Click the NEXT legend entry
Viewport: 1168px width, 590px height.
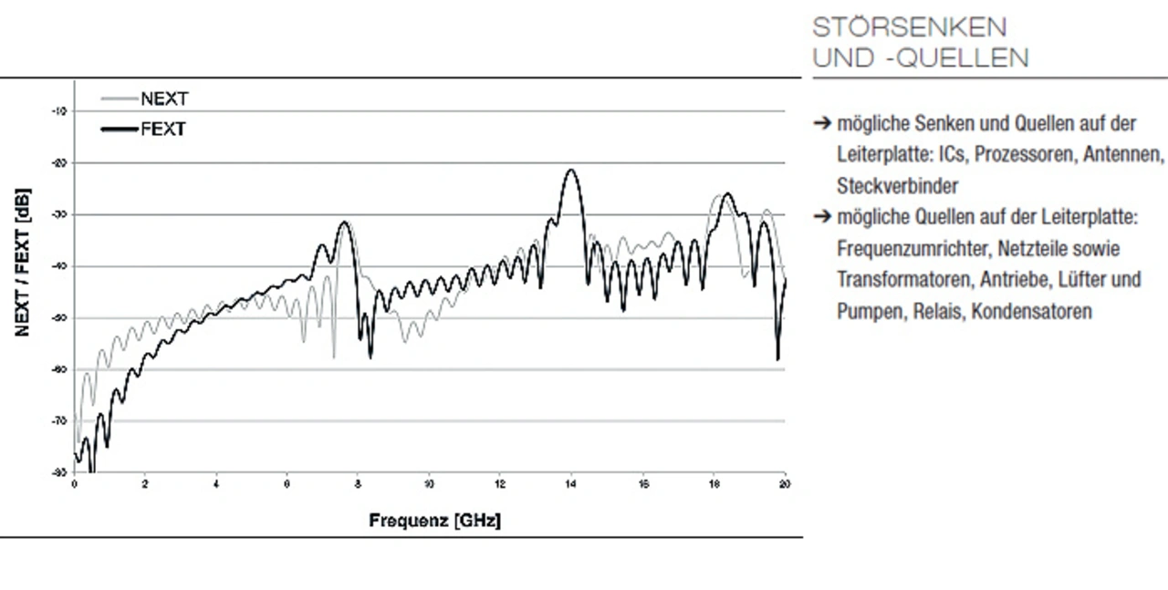click(164, 99)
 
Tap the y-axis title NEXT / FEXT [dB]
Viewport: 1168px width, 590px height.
click(22, 264)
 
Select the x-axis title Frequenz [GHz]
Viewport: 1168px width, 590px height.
click(434, 521)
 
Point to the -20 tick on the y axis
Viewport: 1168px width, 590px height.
click(61, 163)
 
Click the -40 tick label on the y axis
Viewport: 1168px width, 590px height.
click(61, 266)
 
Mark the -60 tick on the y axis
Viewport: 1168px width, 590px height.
click(61, 369)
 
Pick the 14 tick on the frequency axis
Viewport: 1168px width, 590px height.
click(571, 483)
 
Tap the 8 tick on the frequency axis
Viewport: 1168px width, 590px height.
click(359, 483)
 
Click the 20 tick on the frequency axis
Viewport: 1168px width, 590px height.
click(785, 483)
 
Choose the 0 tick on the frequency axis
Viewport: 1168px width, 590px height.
click(75, 483)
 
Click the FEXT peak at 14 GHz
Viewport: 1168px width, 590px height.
click(571, 171)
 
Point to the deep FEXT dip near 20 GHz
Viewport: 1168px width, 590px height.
click(778, 358)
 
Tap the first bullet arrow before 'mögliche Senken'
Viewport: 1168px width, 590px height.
click(822, 124)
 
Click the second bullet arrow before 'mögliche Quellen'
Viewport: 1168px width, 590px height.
click(822, 217)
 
